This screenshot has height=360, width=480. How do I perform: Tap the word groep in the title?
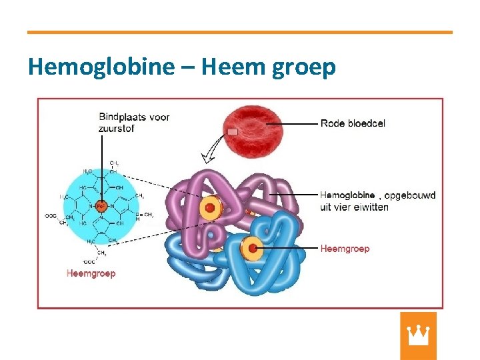[x=303, y=68]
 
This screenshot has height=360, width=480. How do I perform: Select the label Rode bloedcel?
[x=353, y=123]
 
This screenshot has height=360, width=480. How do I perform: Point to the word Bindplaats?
[x=123, y=117]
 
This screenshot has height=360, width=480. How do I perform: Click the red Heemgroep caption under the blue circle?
[x=91, y=273]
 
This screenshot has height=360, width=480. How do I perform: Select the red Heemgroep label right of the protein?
[x=345, y=249]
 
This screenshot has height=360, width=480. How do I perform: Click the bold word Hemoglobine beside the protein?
[x=347, y=195]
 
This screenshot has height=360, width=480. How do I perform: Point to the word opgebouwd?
[x=411, y=195]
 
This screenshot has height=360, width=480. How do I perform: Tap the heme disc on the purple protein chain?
[x=209, y=208]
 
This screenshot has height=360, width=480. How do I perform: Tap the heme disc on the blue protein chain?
[x=252, y=249]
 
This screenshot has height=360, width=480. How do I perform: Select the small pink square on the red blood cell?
[x=232, y=132]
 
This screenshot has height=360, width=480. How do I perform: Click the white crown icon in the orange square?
[x=418, y=335]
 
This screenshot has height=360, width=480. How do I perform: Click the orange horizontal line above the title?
[x=240, y=32]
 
